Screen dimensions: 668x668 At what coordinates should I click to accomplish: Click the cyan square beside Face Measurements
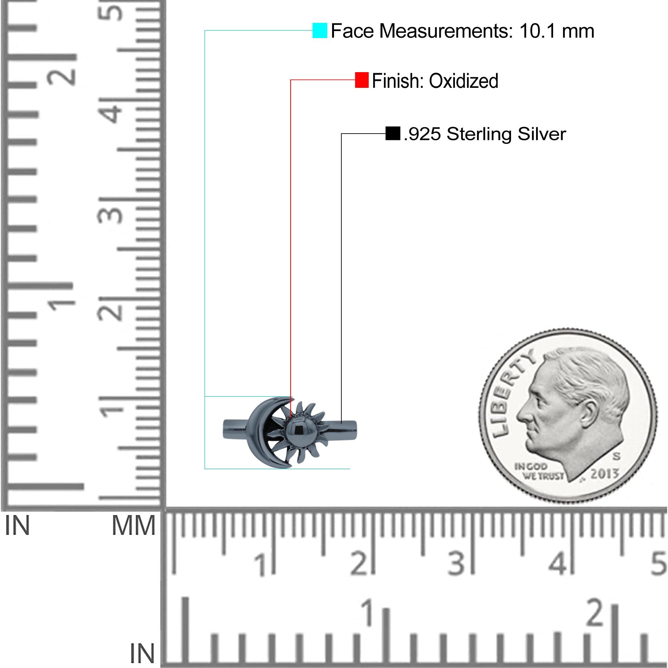click(x=320, y=30)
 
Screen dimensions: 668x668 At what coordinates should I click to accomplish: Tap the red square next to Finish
click(x=362, y=80)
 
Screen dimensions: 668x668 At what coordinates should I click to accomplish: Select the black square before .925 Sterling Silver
click(x=393, y=134)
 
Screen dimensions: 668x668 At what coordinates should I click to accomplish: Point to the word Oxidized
click(x=464, y=81)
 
